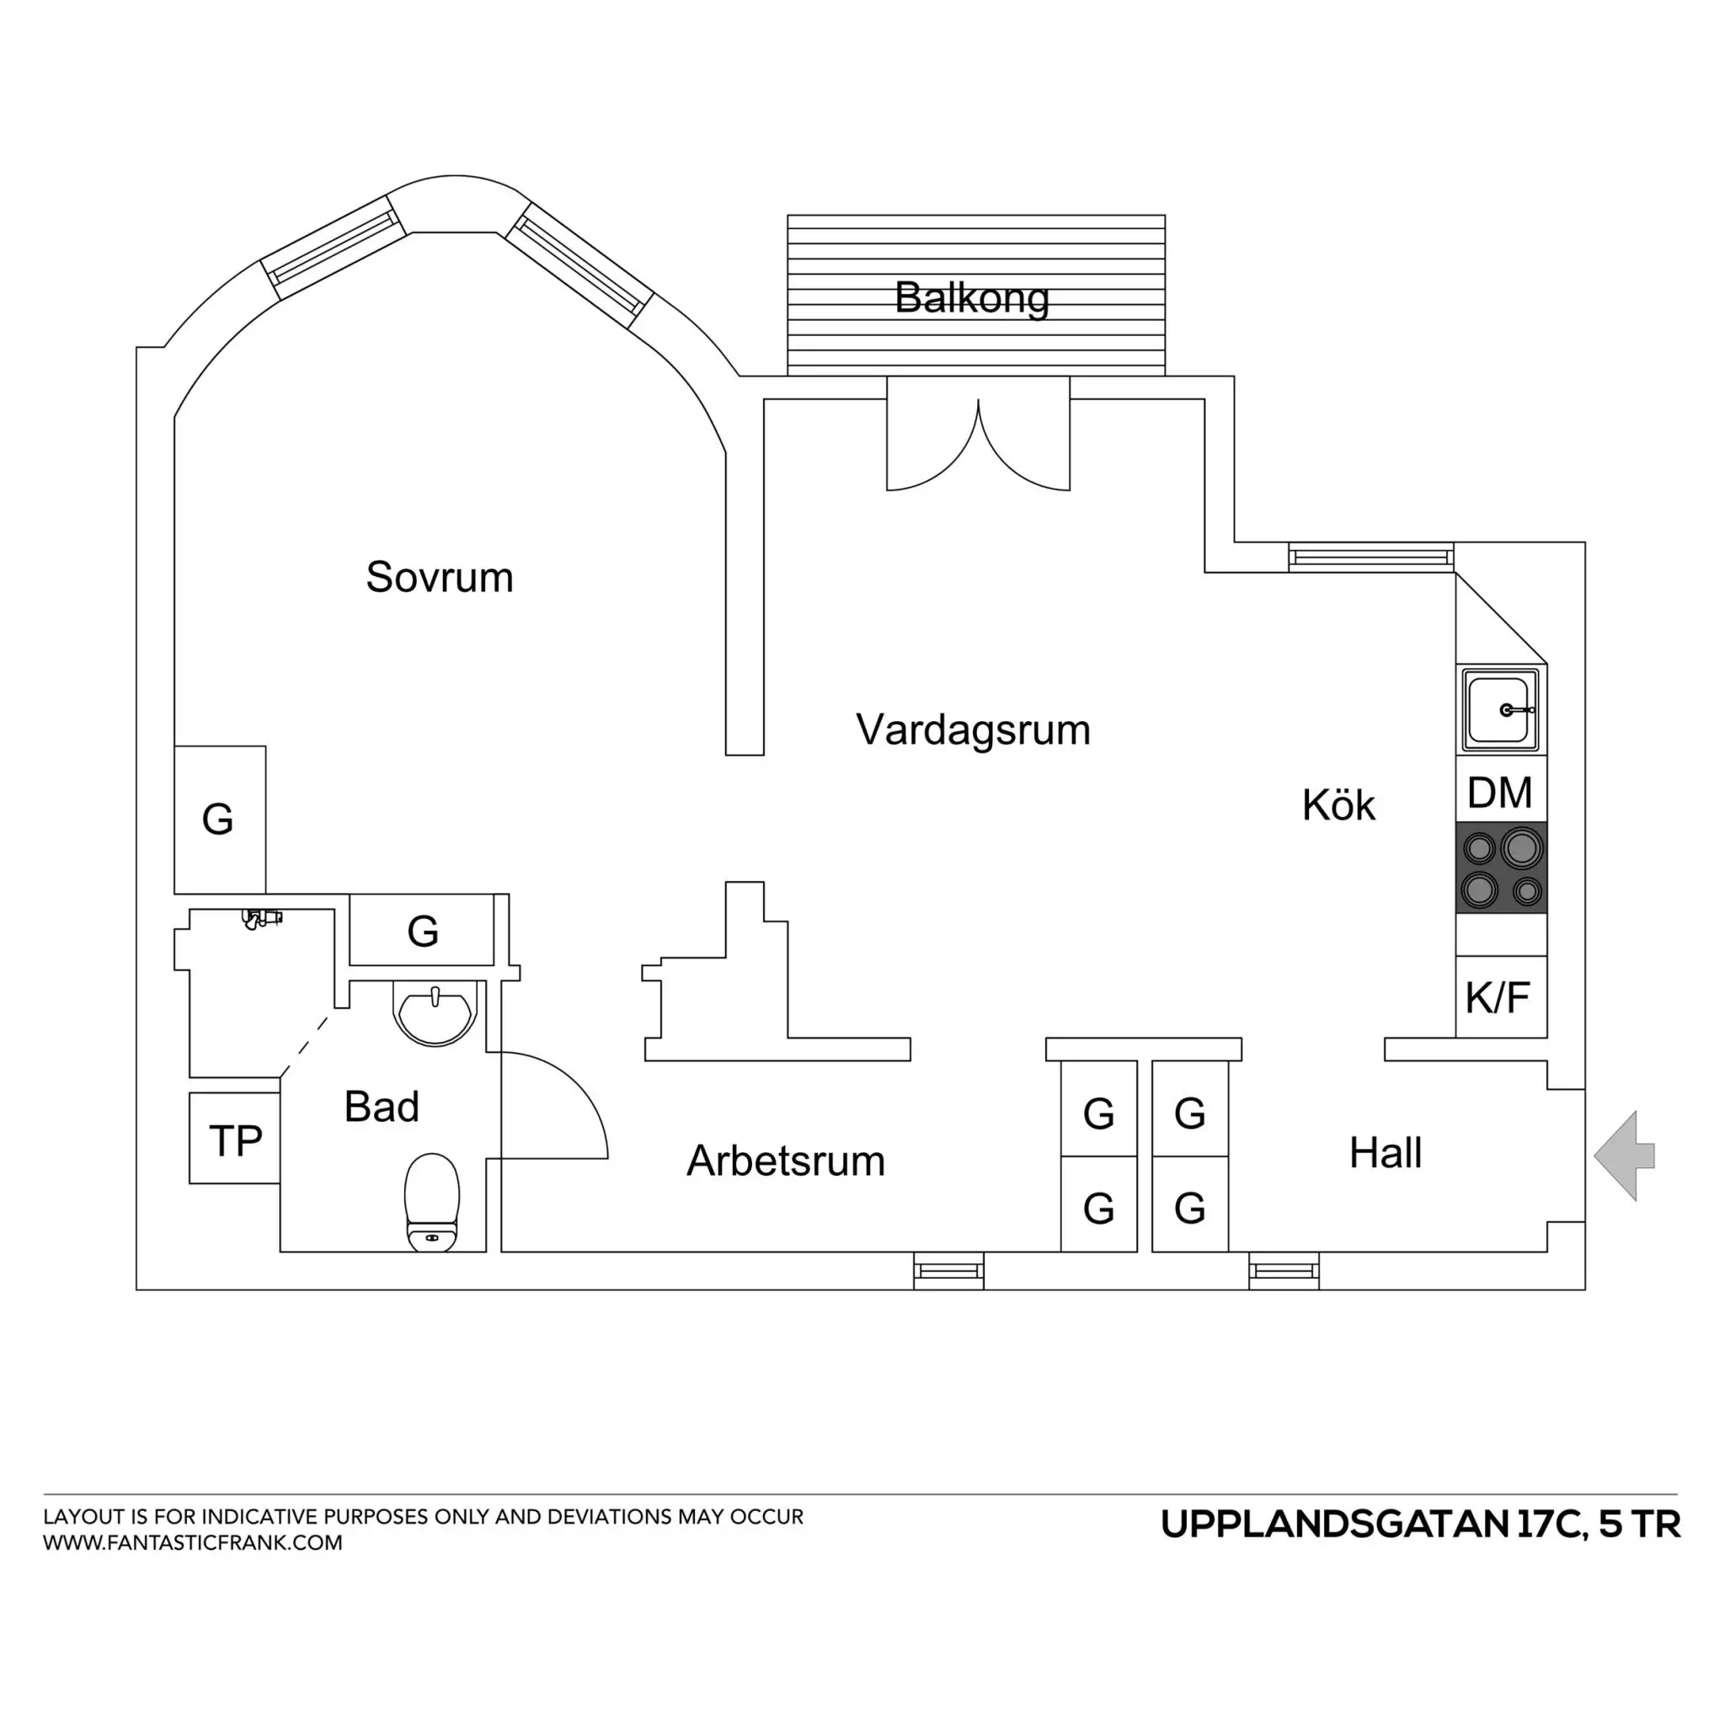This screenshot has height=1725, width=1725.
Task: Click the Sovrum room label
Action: (x=440, y=578)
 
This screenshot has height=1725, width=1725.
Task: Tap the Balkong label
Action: (x=971, y=297)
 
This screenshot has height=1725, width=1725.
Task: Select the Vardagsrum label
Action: (x=973, y=729)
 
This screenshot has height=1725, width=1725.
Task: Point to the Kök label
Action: (x=1338, y=805)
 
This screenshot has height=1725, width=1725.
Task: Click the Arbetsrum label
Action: (x=786, y=1161)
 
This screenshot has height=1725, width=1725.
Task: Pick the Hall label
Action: (x=1385, y=1153)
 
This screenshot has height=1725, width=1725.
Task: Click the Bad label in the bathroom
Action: (x=382, y=1107)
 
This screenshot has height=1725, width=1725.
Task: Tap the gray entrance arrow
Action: (x=1624, y=1156)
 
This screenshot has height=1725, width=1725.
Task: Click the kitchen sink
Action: (x=1500, y=711)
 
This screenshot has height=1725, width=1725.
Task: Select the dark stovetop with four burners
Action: (x=1501, y=868)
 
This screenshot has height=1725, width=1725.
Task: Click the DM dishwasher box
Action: (x=1500, y=793)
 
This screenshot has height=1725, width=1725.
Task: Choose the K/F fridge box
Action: (x=1500, y=996)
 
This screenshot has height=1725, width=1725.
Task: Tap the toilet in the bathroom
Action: (x=432, y=1202)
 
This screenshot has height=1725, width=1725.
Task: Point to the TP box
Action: (x=235, y=1140)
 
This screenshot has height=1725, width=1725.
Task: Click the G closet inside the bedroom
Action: (x=220, y=820)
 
